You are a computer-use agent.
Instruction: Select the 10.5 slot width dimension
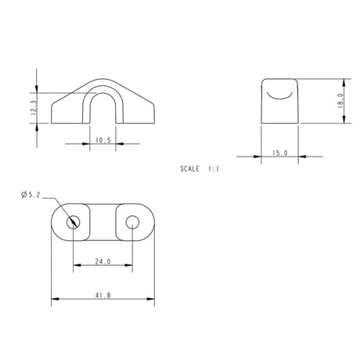click(103, 141)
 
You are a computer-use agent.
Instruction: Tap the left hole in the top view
click(74, 221)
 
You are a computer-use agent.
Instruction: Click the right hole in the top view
click(131, 221)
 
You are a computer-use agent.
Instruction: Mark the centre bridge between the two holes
click(103, 221)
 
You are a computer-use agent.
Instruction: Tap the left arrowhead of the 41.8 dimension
click(54, 298)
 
